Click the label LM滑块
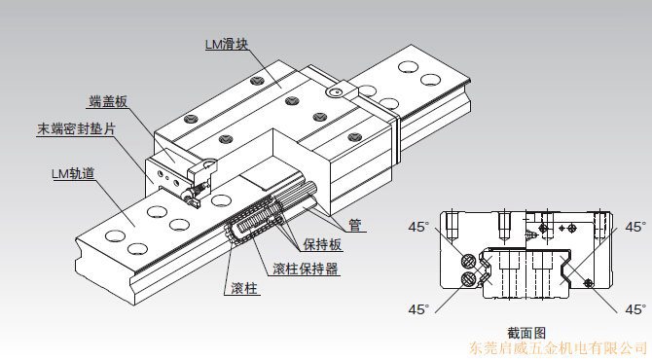227,44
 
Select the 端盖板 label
108,101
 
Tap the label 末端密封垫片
76,128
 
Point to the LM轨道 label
73,173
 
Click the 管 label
354,225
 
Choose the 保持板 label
322,244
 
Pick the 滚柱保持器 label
306,269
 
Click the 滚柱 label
244,288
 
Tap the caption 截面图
526,333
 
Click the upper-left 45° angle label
418,227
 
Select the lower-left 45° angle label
418,309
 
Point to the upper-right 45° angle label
635,227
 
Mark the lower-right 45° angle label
635,309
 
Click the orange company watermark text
558,348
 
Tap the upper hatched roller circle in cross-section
469,262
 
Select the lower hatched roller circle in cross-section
469,278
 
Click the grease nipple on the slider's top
336,92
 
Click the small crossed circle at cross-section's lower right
588,283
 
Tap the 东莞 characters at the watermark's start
484,348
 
